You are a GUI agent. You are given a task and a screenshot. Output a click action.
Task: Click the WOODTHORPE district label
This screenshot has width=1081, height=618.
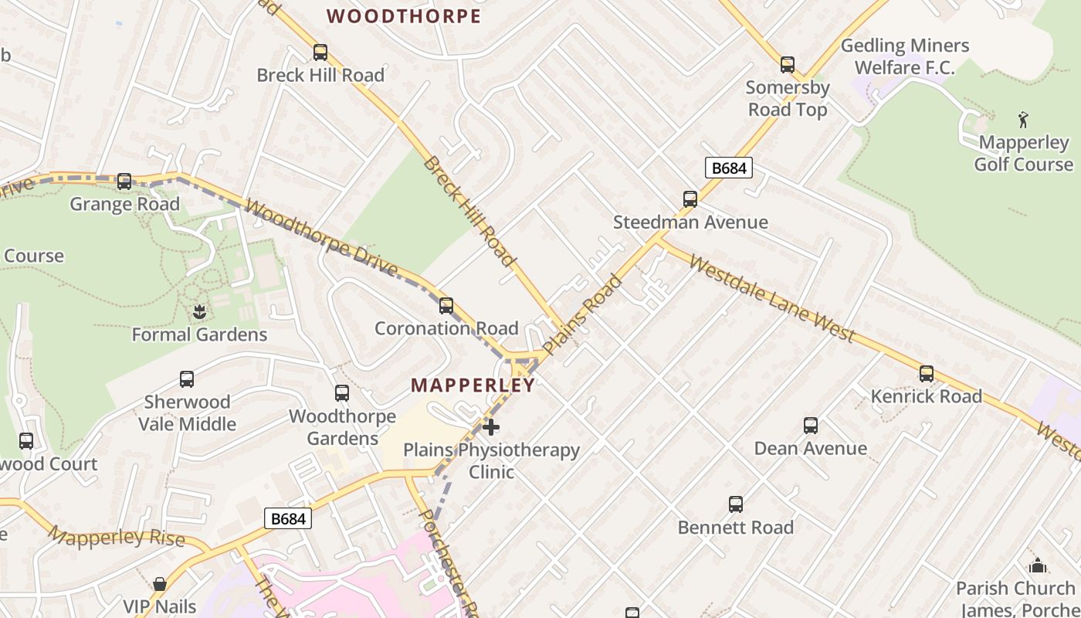404,16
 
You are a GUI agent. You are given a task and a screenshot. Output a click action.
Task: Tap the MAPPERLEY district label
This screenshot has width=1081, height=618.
473,385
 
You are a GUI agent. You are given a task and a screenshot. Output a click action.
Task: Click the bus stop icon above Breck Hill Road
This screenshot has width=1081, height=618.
320,53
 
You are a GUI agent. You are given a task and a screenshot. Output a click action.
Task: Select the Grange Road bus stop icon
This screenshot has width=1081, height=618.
124,182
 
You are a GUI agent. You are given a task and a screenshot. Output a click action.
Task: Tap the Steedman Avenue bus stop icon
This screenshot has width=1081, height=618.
690,199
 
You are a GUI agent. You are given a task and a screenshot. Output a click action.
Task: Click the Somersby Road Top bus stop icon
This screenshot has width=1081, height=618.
787,65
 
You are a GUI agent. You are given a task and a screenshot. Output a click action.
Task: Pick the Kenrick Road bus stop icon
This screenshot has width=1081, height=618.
926,374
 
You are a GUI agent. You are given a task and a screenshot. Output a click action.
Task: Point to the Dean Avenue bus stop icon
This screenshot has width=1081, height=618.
810,426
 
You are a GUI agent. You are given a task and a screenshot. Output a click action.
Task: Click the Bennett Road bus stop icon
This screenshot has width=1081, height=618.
735,504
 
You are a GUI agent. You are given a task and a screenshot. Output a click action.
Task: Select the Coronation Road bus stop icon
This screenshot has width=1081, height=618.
446,306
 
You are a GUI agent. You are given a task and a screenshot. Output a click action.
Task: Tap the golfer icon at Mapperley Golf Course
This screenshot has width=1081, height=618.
1023,120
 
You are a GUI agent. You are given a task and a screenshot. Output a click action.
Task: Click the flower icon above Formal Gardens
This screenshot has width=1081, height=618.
199,312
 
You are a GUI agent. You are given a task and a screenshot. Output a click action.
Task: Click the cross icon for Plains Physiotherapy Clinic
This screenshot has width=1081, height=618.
490,426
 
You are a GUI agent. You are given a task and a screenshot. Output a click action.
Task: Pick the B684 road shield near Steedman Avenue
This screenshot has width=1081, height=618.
728,168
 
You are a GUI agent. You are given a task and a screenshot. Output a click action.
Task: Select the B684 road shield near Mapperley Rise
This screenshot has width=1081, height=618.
287,518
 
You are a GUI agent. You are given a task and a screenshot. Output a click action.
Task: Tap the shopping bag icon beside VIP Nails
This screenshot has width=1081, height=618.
160,584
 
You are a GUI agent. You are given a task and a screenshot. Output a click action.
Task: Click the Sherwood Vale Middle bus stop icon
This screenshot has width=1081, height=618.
186,379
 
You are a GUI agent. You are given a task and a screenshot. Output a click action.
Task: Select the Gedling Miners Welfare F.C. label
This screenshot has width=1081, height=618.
904,56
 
